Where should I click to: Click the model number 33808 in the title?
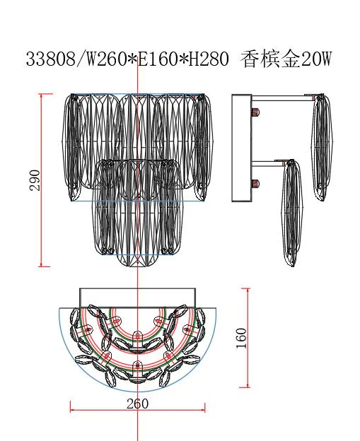click(51, 59)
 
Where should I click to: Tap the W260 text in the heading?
click(105, 59)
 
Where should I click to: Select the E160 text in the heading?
click(158, 59)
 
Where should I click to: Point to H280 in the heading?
click(209, 59)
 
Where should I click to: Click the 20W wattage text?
click(317, 59)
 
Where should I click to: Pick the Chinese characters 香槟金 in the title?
click(271, 59)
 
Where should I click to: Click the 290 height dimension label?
click(35, 180)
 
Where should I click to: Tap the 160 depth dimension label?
click(241, 338)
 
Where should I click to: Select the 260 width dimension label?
click(137, 404)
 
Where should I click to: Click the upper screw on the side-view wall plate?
click(255, 112)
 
